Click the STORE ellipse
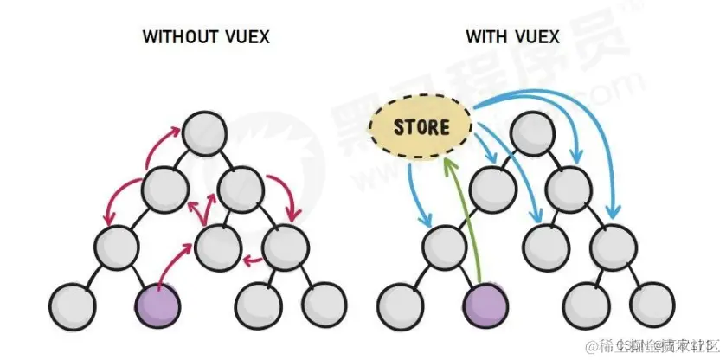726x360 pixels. coord(421,128)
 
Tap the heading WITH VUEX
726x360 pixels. coord(512,37)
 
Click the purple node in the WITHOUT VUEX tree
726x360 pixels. coord(157,304)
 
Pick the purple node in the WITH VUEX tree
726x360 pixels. coord(485,304)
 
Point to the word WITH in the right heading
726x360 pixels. coord(485,37)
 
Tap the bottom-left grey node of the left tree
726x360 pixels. coord(74,304)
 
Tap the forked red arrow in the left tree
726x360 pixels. coord(204,210)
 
